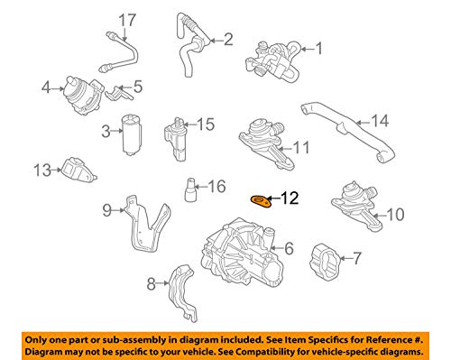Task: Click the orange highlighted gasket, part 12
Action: coord(261,201)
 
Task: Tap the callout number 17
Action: coord(127,20)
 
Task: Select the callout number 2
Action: coord(228,40)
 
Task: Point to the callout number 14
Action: coord(380,120)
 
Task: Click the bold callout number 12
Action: coord(290,198)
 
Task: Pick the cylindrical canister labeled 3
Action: coord(132,134)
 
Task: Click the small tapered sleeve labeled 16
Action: coord(190,189)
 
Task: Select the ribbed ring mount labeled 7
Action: coord(325,262)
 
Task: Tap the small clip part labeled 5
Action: coord(118,93)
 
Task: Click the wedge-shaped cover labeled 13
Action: coord(78,170)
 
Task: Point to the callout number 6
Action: coord(289,248)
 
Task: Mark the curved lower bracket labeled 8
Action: coord(183,291)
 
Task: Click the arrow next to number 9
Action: coord(118,210)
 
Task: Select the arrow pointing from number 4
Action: coord(58,88)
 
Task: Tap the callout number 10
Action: coord(395,215)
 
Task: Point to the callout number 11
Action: coord(301,147)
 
